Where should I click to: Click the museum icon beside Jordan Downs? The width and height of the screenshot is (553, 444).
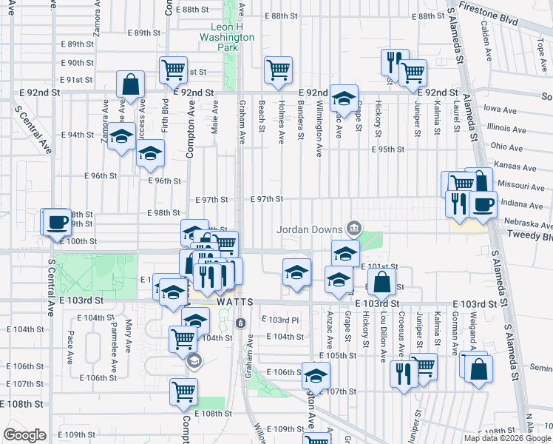354,226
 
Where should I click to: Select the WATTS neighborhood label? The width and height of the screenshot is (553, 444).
235,303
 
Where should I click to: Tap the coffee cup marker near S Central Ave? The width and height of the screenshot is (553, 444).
57,223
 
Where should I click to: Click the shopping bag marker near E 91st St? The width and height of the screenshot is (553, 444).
130,85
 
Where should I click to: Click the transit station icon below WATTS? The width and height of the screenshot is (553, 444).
240,323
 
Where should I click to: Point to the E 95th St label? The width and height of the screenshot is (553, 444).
389,149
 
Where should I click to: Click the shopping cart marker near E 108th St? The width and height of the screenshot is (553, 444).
183,392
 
